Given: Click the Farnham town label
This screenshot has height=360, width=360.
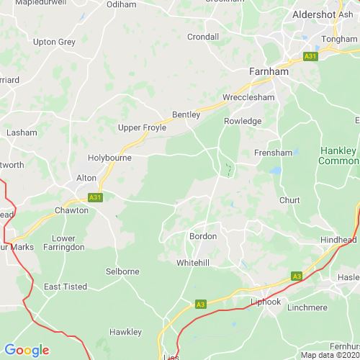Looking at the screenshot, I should coord(269,72).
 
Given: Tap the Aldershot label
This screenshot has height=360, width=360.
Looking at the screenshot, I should coord(314,14).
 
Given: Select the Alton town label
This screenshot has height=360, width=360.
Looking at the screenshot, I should coord(86,177).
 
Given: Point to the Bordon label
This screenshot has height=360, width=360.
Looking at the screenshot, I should coord(202,235).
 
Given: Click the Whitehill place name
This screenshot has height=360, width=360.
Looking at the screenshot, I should coord(194,263).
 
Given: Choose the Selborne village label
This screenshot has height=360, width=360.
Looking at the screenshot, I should coord(122,271).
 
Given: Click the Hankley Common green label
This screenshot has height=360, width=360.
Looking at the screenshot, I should coord(337,156).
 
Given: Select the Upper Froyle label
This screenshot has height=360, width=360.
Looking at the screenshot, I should coord(142,127).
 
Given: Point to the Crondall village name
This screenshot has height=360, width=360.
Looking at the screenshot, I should coord(202,37).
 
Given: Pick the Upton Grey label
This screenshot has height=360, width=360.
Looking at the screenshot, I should coord(55,42).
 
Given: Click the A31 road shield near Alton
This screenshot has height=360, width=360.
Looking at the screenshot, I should coord(94,196).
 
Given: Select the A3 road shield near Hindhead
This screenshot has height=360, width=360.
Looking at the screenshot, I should coord(297,275).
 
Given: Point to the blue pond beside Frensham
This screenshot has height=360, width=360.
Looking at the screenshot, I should coord(274,171).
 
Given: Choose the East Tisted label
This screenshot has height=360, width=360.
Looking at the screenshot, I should coord(66,287).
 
